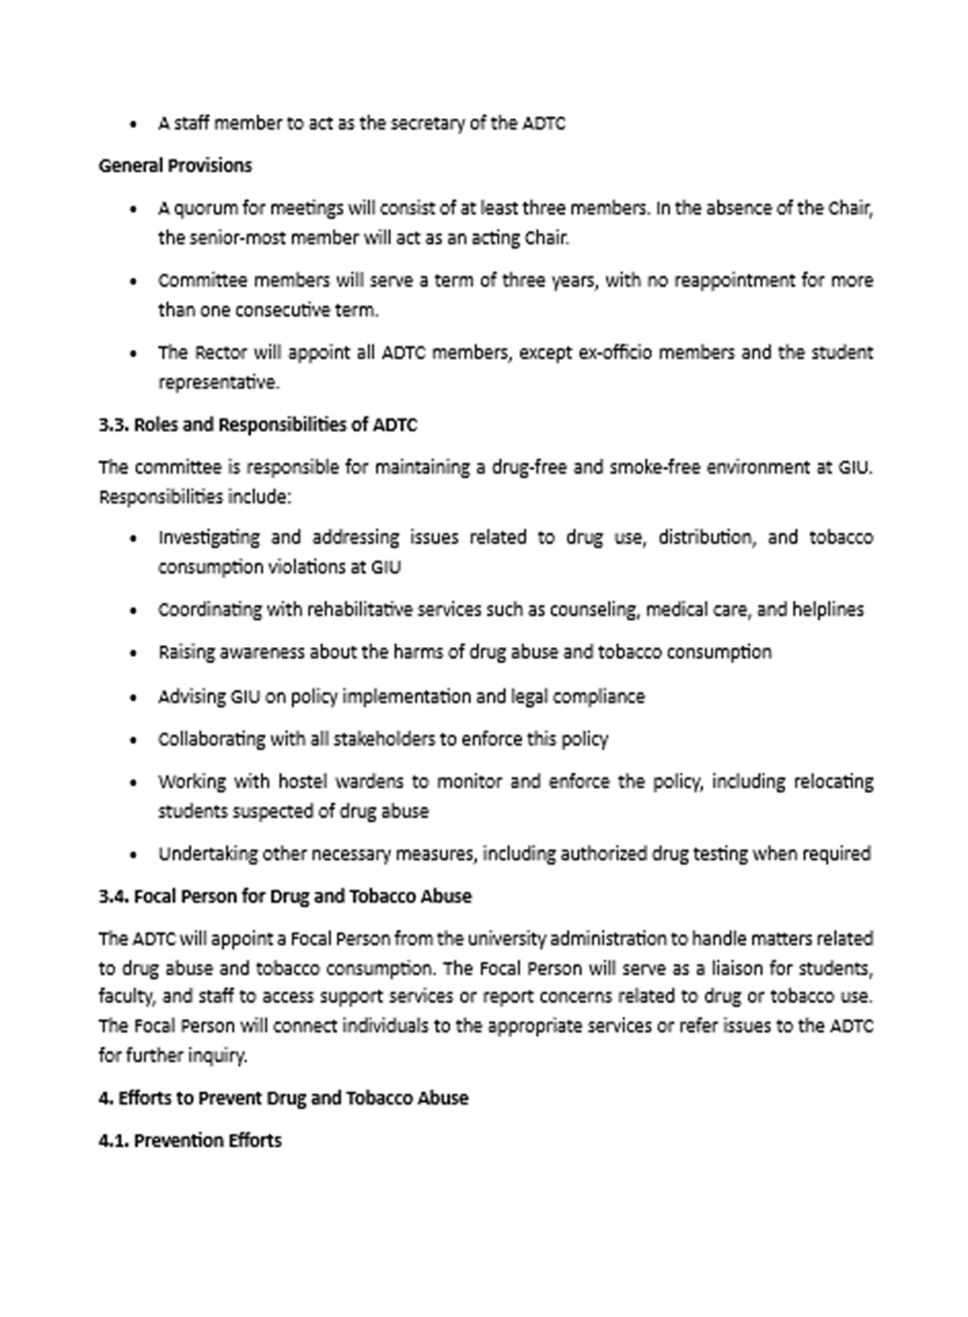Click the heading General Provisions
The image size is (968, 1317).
pyautogui.click(x=175, y=165)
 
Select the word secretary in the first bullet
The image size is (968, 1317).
pyautogui.click(x=427, y=123)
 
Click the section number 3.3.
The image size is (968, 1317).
pyautogui.click(x=113, y=426)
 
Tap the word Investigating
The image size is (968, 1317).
pyautogui.click(x=208, y=537)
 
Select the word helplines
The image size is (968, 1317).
pyautogui.click(x=827, y=610)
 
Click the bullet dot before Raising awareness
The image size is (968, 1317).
pyautogui.click(x=136, y=653)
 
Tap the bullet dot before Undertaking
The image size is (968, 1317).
pyautogui.click(x=136, y=855)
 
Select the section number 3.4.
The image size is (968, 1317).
pyautogui.click(x=113, y=897)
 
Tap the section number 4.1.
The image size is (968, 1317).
pyautogui.click(x=113, y=1140)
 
